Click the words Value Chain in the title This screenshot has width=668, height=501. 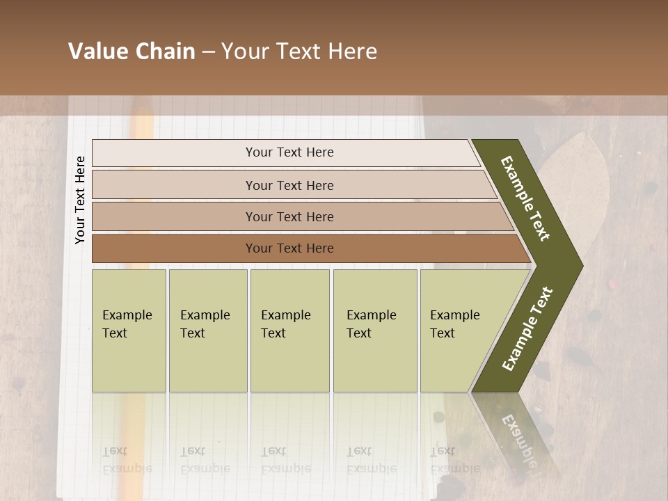132,51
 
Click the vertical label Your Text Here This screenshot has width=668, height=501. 80,200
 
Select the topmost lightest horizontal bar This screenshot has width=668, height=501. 289,152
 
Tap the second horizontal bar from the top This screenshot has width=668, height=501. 289,185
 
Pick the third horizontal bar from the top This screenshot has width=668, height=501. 289,216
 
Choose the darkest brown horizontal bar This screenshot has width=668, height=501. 289,248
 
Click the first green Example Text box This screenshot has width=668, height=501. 129,330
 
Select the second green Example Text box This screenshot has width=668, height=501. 207,330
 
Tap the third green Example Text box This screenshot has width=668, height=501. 289,330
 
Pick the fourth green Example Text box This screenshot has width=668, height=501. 375,330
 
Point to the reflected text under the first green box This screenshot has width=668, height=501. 127,460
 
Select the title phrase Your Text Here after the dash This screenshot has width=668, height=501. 299,51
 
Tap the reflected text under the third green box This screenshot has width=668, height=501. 285,460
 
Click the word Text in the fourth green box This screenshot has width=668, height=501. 359,333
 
